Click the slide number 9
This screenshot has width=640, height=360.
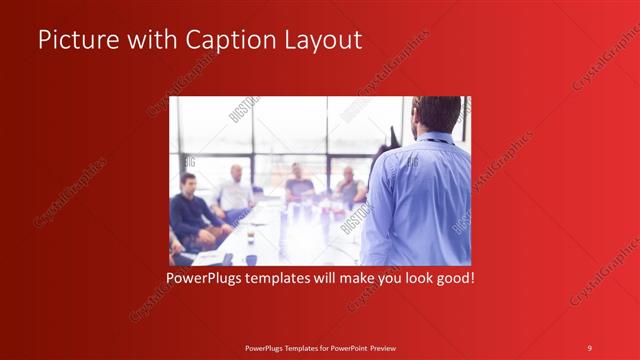point(590,347)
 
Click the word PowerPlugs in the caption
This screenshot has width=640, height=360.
point(204,276)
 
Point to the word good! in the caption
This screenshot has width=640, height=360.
point(453,276)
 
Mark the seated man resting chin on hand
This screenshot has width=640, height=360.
point(348,186)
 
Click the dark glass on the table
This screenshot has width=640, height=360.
point(250,236)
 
